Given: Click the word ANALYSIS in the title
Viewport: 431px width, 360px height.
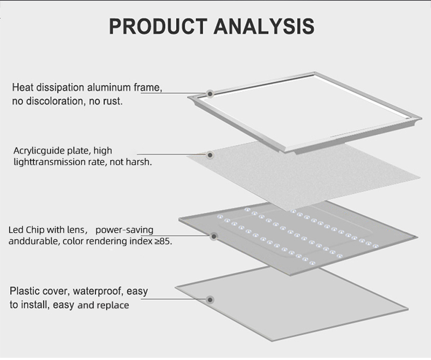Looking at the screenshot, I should (263, 26).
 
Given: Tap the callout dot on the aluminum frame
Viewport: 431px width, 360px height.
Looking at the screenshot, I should (211, 93).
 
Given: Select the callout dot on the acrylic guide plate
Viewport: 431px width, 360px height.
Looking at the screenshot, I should (210, 155).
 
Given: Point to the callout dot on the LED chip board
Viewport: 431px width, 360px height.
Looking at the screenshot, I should (214, 236).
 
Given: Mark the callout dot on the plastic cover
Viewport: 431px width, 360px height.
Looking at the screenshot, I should (210, 299).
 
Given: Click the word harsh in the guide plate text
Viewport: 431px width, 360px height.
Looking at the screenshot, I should (139, 162).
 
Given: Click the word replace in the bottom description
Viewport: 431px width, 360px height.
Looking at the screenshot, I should (113, 305).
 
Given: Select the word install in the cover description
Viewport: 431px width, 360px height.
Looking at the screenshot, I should (34, 305).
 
